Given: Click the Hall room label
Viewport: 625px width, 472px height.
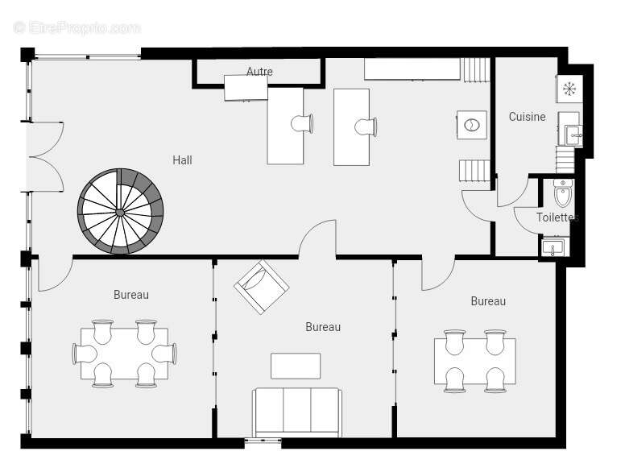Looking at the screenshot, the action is click(182, 160).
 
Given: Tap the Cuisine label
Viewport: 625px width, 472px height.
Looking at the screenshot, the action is click(527, 117).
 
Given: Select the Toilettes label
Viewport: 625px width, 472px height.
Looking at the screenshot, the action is click(557, 217).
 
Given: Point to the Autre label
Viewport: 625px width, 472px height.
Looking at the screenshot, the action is click(259, 72).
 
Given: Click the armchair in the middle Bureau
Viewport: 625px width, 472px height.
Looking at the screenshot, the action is click(262, 287).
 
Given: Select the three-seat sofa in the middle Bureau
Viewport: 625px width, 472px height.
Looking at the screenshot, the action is click(297, 412).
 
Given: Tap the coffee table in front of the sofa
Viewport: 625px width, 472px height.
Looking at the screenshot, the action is click(296, 366).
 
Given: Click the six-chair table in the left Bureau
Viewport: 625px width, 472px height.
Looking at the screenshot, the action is click(124, 354).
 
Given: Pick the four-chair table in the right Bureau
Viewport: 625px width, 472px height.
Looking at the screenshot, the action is click(475, 361).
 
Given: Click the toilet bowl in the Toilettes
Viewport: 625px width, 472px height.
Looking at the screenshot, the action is click(563, 193).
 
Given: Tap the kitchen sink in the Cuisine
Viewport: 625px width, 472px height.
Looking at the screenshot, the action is click(573, 135).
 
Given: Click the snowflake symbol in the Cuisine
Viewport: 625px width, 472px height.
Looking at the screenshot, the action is click(569, 89).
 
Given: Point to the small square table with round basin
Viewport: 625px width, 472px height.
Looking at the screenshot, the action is click(472, 125).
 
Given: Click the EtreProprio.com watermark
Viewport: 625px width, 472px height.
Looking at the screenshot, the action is click(77, 28).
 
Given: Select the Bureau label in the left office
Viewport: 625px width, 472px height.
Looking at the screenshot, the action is click(131, 295).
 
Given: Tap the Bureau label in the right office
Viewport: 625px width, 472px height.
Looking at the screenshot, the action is click(488, 301).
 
